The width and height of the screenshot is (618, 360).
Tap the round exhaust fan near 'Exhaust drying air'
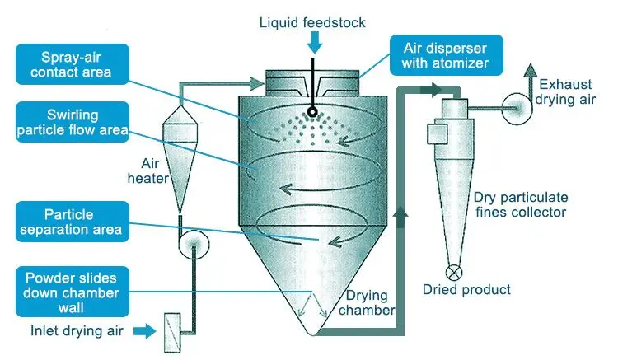coord(519,105)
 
